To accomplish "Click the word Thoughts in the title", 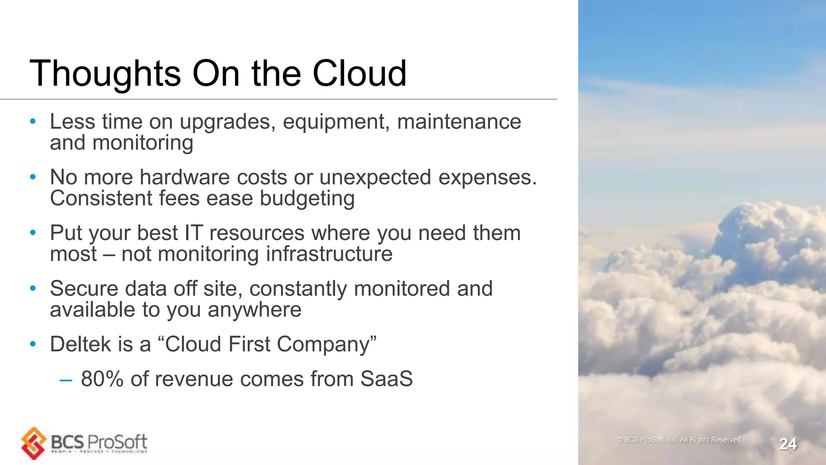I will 105,73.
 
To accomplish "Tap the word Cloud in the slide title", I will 359,73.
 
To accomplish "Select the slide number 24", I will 788,444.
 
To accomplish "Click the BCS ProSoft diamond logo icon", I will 34,443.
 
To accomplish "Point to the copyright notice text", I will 680,440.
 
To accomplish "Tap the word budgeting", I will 307,198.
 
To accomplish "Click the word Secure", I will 84,289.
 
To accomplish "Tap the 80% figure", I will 102,379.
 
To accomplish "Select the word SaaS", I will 386,379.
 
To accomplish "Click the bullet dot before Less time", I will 33,121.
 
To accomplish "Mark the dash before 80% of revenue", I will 66,380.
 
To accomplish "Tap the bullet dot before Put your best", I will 33,233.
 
